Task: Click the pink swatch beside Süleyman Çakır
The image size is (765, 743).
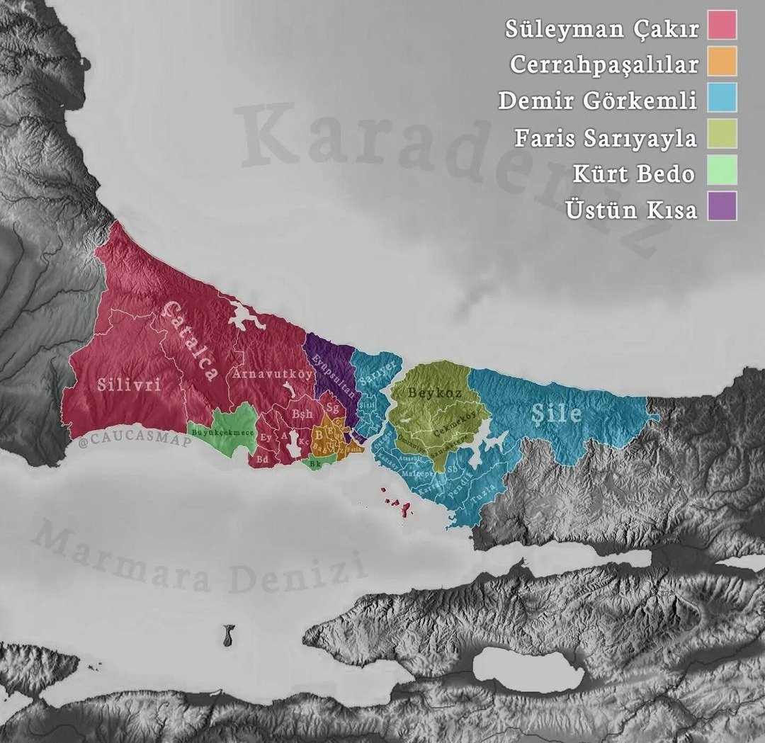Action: tap(722, 25)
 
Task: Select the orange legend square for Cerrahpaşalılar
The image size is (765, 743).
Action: tap(722, 61)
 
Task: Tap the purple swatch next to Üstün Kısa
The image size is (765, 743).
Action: tap(722, 206)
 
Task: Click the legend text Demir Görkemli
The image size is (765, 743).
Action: tap(598, 100)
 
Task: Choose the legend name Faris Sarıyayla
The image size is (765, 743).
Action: tap(606, 137)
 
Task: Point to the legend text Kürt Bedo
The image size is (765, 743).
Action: tap(635, 173)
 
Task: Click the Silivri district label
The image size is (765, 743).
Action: tap(129, 385)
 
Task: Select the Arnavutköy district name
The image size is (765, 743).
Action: tap(272, 373)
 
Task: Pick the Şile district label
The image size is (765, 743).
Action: tap(557, 413)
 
